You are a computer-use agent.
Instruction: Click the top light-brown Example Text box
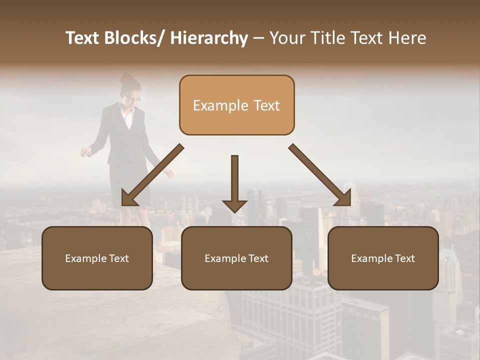coord(236,105)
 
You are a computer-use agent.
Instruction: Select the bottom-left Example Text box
coord(97,258)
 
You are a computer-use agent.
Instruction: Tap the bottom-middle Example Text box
coord(236,258)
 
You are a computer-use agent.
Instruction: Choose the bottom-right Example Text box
coord(383,258)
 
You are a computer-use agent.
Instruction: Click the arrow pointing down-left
coord(152,175)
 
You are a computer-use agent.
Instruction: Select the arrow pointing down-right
coord(320,175)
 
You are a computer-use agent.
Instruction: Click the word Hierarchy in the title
coord(209,38)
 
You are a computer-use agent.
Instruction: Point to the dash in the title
coord(258,38)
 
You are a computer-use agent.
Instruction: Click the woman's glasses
coord(133,98)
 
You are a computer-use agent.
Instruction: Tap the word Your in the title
coord(287,38)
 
